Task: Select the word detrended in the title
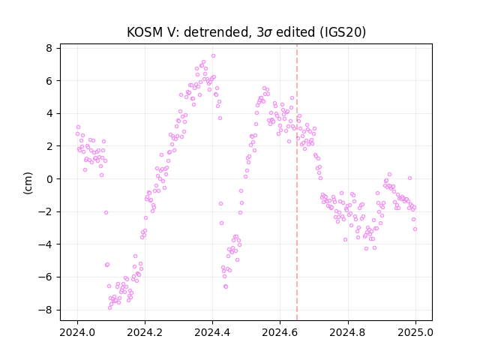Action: coord(217,32)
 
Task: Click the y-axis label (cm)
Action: coord(28,183)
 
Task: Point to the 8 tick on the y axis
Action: coord(49,48)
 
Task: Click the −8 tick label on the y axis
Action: coord(45,310)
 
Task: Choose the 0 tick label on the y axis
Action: coord(49,179)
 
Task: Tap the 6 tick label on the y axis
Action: coord(49,81)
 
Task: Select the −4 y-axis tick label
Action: coord(45,244)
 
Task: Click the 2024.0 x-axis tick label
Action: coord(77,332)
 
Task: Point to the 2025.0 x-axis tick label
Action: coord(415,332)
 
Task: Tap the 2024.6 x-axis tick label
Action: coord(280,332)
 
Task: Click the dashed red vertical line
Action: coord(297,182)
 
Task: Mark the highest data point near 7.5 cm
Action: coord(213,56)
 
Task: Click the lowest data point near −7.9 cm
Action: coord(110,308)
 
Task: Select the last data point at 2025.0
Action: coord(415,229)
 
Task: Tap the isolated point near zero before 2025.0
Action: coord(410,178)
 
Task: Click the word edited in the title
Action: coord(295,32)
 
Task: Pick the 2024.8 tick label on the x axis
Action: coord(347,332)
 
